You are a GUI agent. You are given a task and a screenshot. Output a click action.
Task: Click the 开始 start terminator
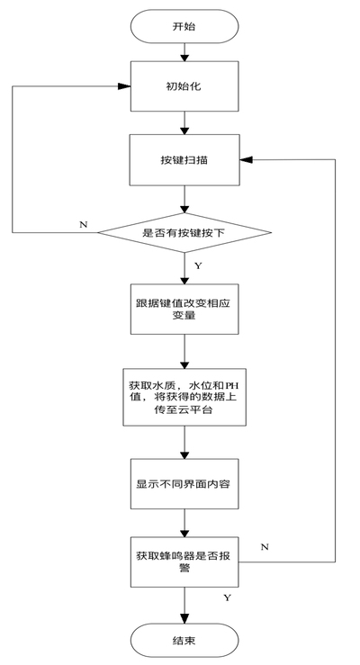tap(184, 26)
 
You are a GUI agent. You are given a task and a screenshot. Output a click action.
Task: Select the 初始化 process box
tap(184, 86)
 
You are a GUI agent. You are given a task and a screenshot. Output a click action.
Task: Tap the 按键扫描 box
tap(184, 160)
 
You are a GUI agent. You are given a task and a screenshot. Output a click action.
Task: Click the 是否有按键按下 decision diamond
tap(184, 232)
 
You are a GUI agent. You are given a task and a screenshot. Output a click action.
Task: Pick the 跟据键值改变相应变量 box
tap(184, 310)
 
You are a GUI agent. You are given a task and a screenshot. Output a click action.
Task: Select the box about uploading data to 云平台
tap(184, 397)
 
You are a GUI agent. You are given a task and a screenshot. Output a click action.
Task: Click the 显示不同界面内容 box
tap(184, 484)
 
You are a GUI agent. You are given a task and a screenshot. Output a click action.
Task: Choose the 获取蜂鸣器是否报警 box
tap(184, 562)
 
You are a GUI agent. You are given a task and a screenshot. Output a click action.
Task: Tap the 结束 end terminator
tap(184, 641)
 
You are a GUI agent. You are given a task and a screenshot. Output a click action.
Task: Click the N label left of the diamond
tap(84, 225)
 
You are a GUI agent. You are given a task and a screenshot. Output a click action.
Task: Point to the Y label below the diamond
tap(198, 266)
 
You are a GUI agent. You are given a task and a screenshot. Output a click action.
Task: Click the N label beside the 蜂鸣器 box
tap(265, 547)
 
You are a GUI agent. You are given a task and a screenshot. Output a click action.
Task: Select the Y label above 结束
tap(228, 598)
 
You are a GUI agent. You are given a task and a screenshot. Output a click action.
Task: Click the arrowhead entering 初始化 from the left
tap(124, 86)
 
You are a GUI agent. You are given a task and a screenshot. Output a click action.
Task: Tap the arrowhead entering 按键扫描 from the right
tap(246, 160)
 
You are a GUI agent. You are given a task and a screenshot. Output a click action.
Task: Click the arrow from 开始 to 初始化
tap(184, 51)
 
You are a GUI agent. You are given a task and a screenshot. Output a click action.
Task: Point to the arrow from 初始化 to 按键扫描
tap(184, 123)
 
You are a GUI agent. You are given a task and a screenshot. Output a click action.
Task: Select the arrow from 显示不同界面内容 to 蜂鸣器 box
tap(184, 523)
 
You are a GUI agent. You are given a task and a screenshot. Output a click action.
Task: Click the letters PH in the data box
tap(232, 385)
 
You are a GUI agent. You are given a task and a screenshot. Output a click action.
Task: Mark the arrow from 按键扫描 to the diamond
tap(184, 200)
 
